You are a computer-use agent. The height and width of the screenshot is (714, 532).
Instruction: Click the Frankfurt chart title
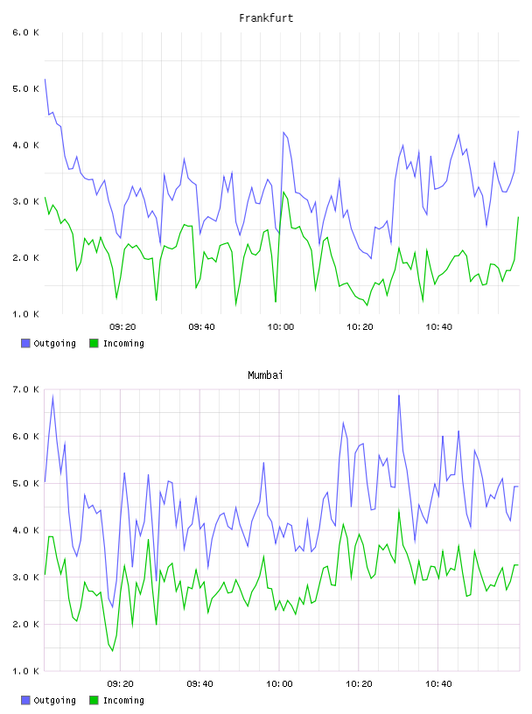point(266,18)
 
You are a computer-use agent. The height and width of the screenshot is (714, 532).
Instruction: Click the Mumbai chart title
point(265,375)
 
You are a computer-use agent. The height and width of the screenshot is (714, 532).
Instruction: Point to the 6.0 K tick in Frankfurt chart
point(25,32)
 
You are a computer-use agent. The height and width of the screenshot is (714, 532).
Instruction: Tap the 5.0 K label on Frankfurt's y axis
point(25,88)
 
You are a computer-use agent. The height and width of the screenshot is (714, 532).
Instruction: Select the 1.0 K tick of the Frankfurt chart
point(25,314)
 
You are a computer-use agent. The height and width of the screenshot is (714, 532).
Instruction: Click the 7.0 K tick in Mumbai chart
point(25,389)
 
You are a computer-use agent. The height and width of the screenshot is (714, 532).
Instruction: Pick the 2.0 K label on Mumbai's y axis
point(25,624)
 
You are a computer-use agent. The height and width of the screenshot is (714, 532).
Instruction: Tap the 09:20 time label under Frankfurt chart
point(122,327)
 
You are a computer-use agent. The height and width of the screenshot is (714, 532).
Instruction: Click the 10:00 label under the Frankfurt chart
point(281,327)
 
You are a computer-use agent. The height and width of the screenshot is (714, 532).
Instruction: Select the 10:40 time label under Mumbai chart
point(438,684)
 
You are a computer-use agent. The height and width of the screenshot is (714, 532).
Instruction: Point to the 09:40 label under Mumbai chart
point(199,684)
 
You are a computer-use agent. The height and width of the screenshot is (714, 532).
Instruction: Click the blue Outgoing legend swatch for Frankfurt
point(25,343)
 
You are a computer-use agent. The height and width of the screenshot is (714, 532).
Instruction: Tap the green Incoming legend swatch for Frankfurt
point(94,343)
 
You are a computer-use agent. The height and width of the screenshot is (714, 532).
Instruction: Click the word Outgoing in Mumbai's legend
point(54,700)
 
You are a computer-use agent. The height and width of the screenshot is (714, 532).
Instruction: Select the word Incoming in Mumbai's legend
point(123,700)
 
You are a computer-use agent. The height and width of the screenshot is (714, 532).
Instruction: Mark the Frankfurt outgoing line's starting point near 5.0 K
point(45,79)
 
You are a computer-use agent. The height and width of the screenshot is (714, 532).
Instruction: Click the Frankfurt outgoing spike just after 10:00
point(283,132)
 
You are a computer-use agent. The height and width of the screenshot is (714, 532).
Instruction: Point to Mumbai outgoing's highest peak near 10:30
point(399,395)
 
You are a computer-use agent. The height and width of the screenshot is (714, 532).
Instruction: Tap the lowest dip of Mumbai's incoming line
point(113,651)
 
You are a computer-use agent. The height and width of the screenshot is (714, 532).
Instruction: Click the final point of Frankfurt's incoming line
point(518,217)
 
